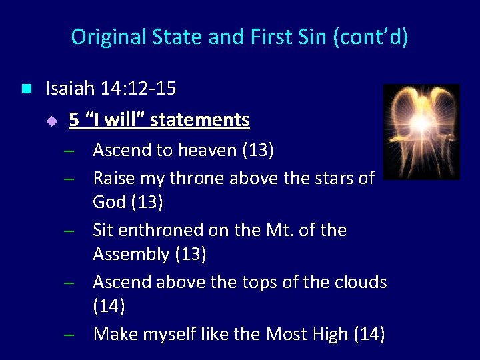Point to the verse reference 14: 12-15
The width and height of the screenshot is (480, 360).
point(137,88)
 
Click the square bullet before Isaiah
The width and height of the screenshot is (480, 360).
point(26,89)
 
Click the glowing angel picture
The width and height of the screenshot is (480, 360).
point(421,131)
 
